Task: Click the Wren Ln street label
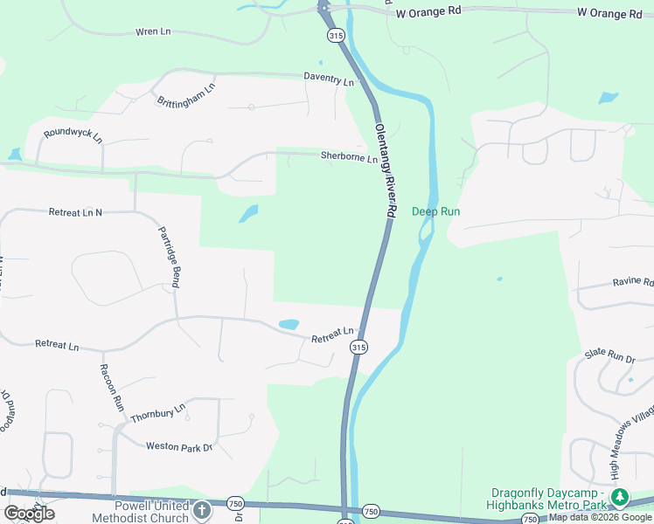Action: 152,31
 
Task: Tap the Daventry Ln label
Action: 329,79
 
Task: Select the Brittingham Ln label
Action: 185,96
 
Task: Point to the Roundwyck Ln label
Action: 73,135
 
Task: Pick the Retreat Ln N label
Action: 75,212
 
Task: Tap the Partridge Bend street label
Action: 169,258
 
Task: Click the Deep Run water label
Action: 435,211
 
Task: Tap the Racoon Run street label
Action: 111,388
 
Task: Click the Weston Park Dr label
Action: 179,447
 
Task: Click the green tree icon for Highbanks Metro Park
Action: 620,497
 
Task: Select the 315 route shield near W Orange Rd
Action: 337,36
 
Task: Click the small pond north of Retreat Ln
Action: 289,325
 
